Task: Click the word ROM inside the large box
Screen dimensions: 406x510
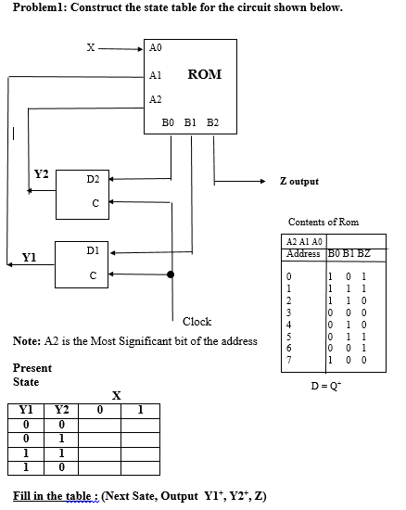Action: tap(205, 74)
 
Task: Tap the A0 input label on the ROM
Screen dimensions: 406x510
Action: tap(156, 47)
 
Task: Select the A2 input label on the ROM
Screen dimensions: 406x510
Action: tap(156, 99)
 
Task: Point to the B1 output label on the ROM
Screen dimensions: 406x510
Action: tap(190, 122)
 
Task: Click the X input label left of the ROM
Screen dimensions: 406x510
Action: tap(91, 48)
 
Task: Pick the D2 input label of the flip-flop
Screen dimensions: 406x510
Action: tap(93, 179)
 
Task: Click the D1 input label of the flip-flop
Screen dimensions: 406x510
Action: tap(93, 250)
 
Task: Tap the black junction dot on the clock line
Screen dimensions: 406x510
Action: tap(171, 274)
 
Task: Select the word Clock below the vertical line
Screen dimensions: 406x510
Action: tap(197, 322)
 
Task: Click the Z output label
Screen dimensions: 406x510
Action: tap(299, 181)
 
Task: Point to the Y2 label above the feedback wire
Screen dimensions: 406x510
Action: tap(42, 174)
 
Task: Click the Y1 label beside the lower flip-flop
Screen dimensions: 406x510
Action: tap(29, 258)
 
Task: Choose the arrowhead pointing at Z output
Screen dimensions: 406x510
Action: tap(263, 181)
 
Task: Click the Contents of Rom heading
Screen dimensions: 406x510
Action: tap(324, 222)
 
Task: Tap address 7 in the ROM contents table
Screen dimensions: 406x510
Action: tap(288, 360)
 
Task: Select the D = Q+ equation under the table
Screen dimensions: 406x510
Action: tap(326, 386)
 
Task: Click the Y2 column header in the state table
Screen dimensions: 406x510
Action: tap(61, 410)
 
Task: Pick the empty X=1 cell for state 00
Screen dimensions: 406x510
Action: tap(140, 426)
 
